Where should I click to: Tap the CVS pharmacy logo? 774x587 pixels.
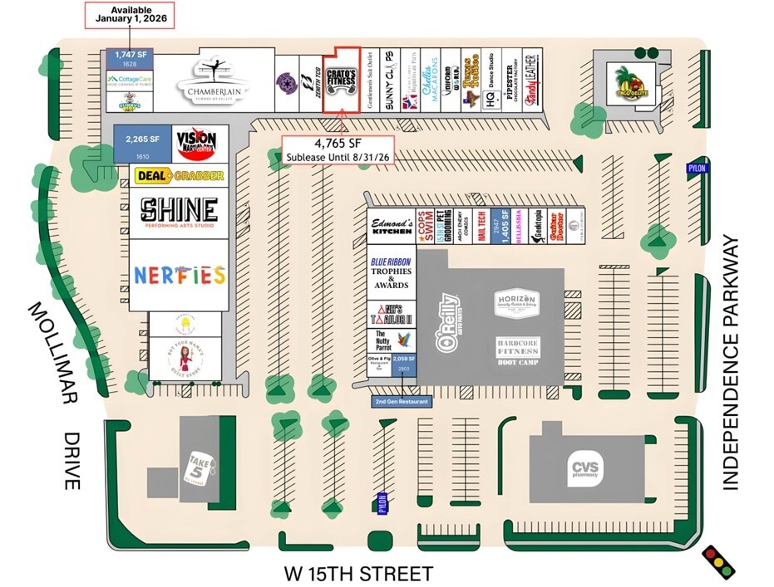(x=584, y=469)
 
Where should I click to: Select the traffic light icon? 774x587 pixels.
(x=718, y=560)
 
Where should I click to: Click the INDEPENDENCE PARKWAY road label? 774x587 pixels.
(x=731, y=363)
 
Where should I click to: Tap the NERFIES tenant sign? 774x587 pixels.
(x=179, y=275)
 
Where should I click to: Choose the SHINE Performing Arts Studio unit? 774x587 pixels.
(x=179, y=213)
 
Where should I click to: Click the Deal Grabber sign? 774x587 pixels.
(x=179, y=175)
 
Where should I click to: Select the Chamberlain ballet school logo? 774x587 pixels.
(x=213, y=81)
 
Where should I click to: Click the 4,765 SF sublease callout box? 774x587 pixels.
(x=337, y=150)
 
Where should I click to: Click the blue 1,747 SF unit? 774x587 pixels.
(x=130, y=58)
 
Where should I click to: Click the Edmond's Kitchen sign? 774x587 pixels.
(x=391, y=226)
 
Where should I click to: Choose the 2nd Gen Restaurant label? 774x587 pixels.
(x=402, y=402)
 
